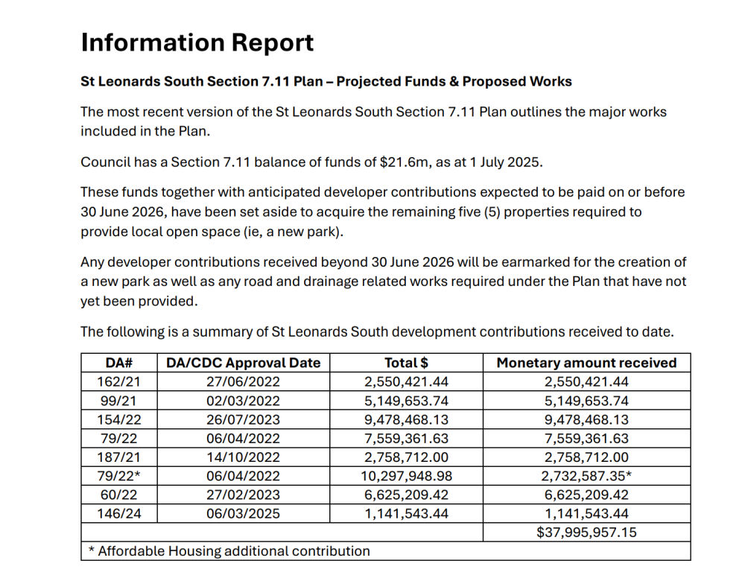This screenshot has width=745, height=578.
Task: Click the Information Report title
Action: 197,42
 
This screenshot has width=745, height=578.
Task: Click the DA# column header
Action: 118,363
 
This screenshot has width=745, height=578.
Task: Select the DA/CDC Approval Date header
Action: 243,363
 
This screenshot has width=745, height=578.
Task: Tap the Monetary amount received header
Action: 586,363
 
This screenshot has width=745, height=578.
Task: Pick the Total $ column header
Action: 406,363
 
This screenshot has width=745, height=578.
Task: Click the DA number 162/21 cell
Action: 118,381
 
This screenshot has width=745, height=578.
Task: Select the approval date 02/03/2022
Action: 243,401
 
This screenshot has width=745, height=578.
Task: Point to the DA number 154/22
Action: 118,419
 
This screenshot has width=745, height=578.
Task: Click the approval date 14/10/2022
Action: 243,457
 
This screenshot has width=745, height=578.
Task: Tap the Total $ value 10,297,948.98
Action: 406,476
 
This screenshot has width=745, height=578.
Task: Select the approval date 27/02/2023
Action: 243,495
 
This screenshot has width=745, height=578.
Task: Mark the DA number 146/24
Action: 118,513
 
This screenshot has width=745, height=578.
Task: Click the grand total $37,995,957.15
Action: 586,532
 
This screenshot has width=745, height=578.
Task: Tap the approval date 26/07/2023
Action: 243,419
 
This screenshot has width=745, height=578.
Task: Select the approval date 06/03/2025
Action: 243,513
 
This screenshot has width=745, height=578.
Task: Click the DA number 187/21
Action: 118,457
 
